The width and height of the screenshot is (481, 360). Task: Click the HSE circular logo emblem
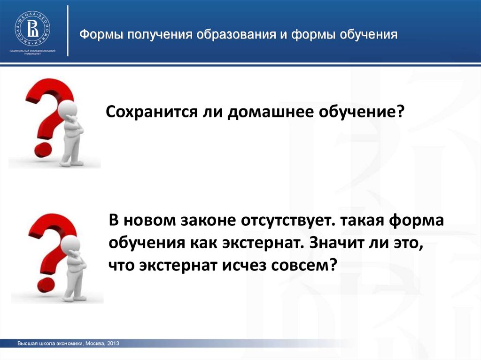tap(32, 29)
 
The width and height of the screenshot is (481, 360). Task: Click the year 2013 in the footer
tap(113, 344)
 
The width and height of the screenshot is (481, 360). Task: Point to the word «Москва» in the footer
tap(95, 344)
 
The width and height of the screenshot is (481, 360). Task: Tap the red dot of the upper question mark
tap(43, 149)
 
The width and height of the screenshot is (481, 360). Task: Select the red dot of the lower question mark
tap(46, 285)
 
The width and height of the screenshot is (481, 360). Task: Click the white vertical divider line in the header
tap(68, 31)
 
